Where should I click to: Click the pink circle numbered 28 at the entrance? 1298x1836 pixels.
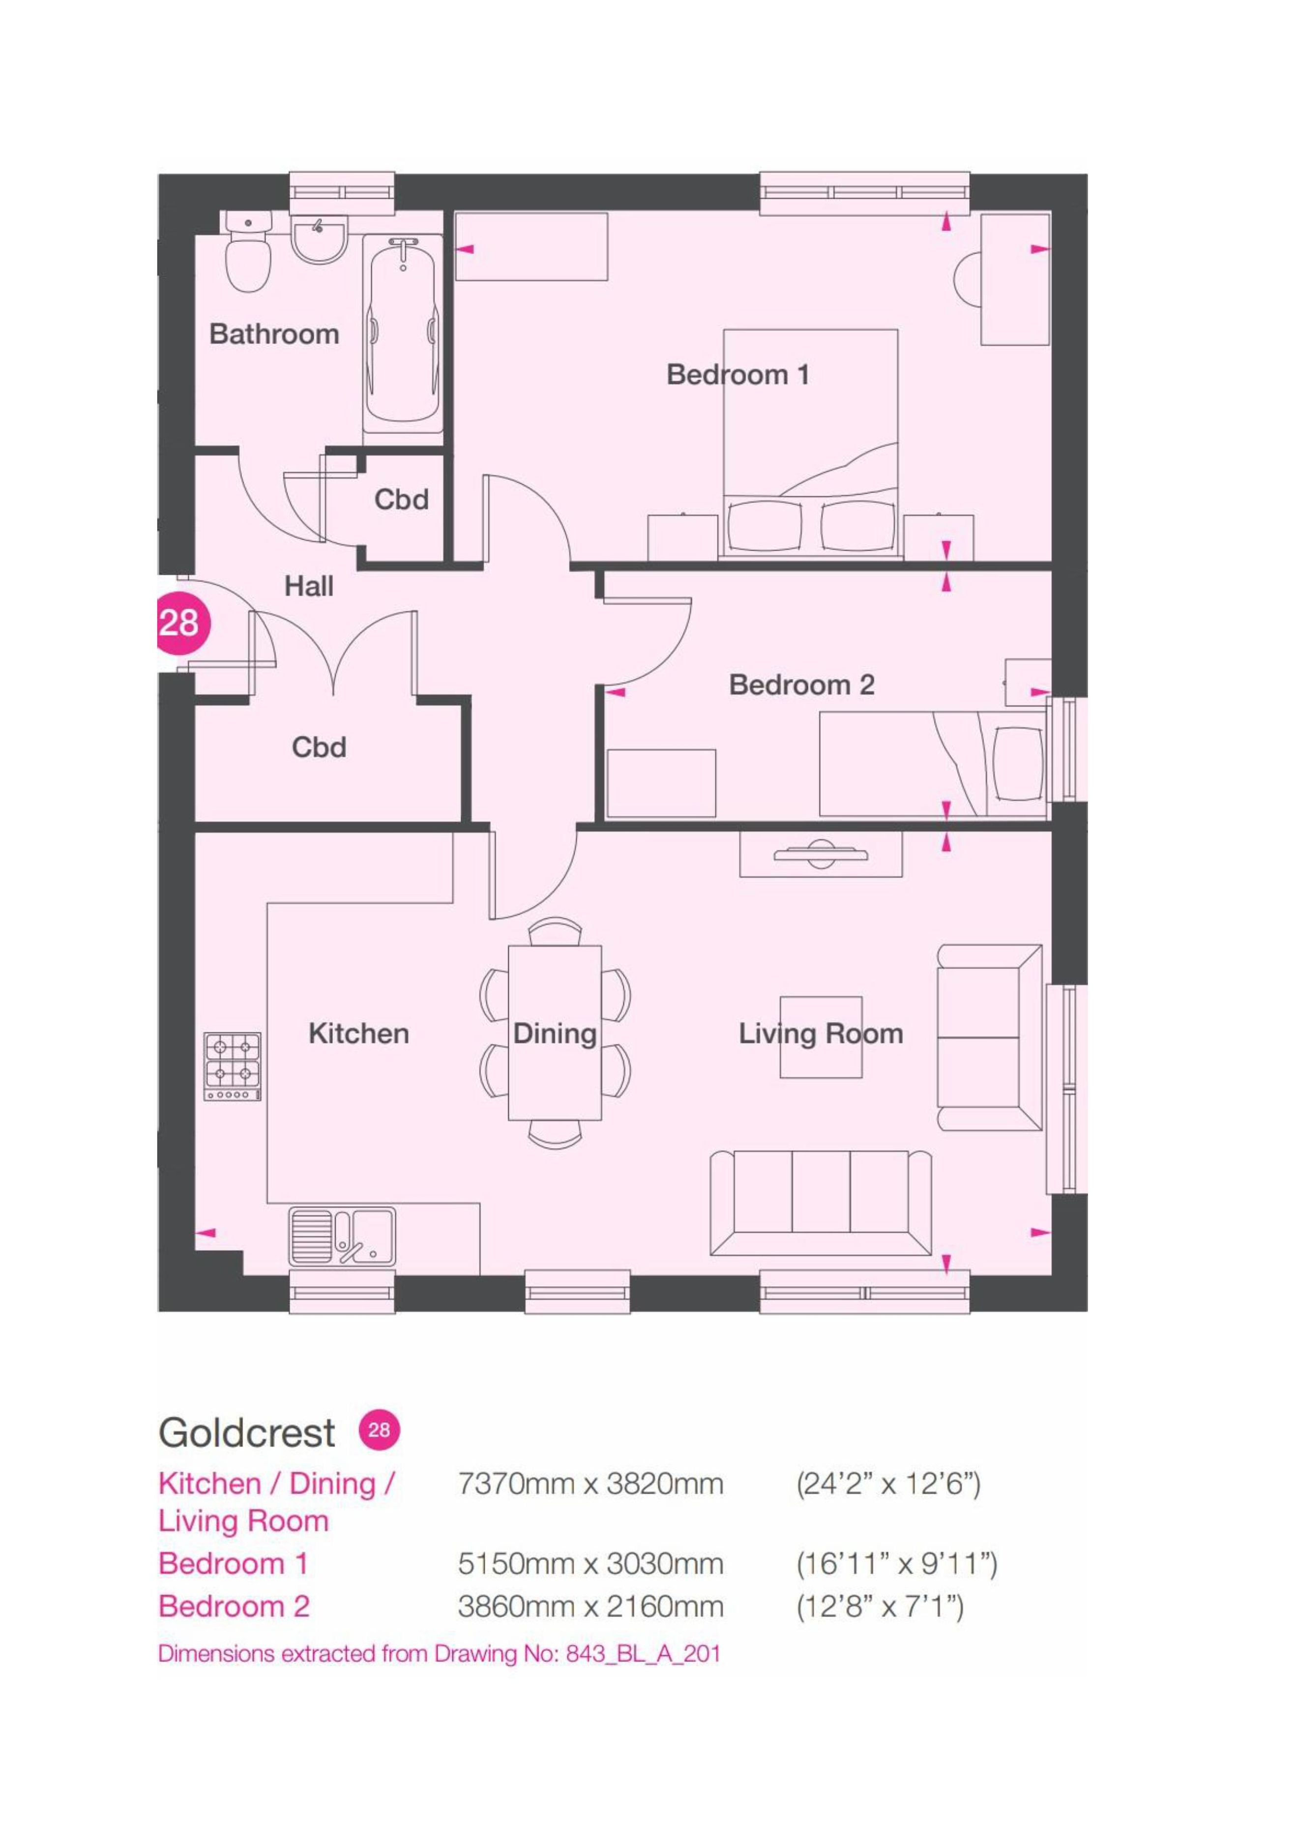182,622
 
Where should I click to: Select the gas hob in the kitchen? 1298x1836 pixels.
233,1066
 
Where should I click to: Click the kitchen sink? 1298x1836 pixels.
342,1236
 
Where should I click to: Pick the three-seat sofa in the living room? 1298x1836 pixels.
821,1204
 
